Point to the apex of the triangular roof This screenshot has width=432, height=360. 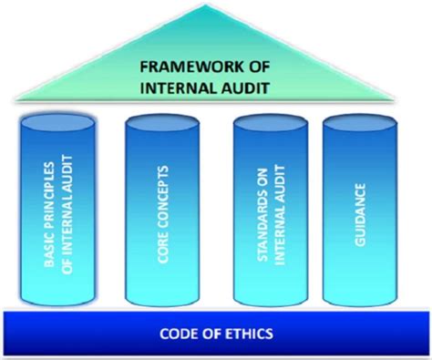[216, 7]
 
